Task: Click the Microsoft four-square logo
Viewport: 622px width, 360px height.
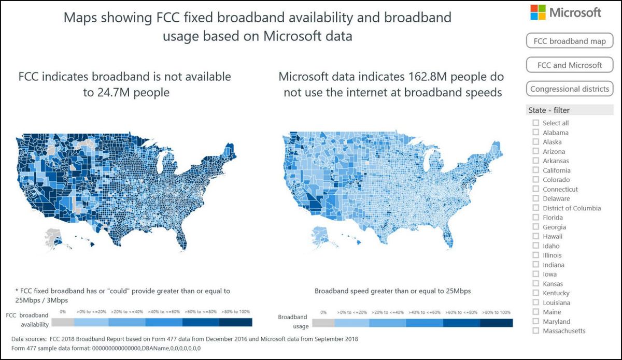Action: pyautogui.click(x=538, y=12)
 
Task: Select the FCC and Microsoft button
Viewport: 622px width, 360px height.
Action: pyautogui.click(x=569, y=65)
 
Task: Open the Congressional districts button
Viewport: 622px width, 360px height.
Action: pyautogui.click(x=569, y=89)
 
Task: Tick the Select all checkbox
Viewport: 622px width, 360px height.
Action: pyautogui.click(x=535, y=123)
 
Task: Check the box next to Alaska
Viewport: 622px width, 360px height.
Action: pyautogui.click(x=535, y=142)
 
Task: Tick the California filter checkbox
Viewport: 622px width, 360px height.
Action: pyautogui.click(x=535, y=170)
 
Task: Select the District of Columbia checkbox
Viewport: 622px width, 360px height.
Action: pyautogui.click(x=535, y=208)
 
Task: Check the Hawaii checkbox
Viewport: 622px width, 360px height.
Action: pyautogui.click(x=535, y=236)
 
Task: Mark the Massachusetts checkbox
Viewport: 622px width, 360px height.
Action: pyautogui.click(x=535, y=331)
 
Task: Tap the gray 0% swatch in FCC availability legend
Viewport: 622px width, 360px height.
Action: pyautogui.click(x=63, y=322)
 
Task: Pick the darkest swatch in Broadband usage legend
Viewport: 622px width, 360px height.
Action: pyautogui.click(x=496, y=323)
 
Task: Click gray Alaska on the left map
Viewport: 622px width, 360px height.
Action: pyautogui.click(x=52, y=237)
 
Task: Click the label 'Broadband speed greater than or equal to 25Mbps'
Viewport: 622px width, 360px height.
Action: pyautogui.click(x=392, y=291)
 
